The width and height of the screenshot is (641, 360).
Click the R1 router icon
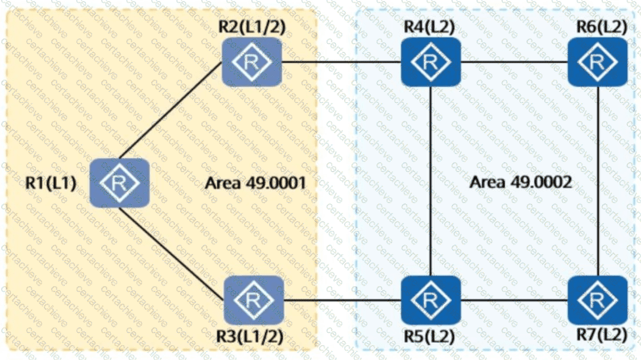pyautogui.click(x=120, y=183)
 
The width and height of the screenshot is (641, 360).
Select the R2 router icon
pyautogui.click(x=252, y=61)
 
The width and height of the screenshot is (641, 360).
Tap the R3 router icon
pyautogui.click(x=254, y=300)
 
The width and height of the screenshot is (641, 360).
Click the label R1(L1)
pyautogui.click(x=51, y=183)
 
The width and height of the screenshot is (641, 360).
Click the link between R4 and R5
pyautogui.click(x=432, y=181)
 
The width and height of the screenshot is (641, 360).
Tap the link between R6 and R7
pyautogui.click(x=598, y=181)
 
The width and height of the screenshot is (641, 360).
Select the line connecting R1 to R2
pyautogui.click(x=170, y=114)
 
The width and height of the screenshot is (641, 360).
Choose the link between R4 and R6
pyautogui.click(x=514, y=62)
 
